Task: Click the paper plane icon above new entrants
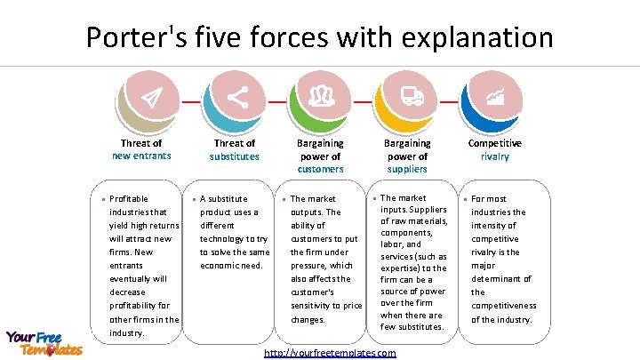coord(152,97)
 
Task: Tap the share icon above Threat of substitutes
coord(237,97)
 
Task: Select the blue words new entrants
coord(141,156)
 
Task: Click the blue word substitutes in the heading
coord(235,156)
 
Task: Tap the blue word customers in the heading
coord(320,169)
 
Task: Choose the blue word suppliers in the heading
coord(406,169)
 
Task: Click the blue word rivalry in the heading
coord(495,156)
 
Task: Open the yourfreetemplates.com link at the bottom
coord(331,353)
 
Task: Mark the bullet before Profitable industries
coord(103,199)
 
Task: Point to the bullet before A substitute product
coord(194,199)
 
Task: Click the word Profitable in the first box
coord(129,199)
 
